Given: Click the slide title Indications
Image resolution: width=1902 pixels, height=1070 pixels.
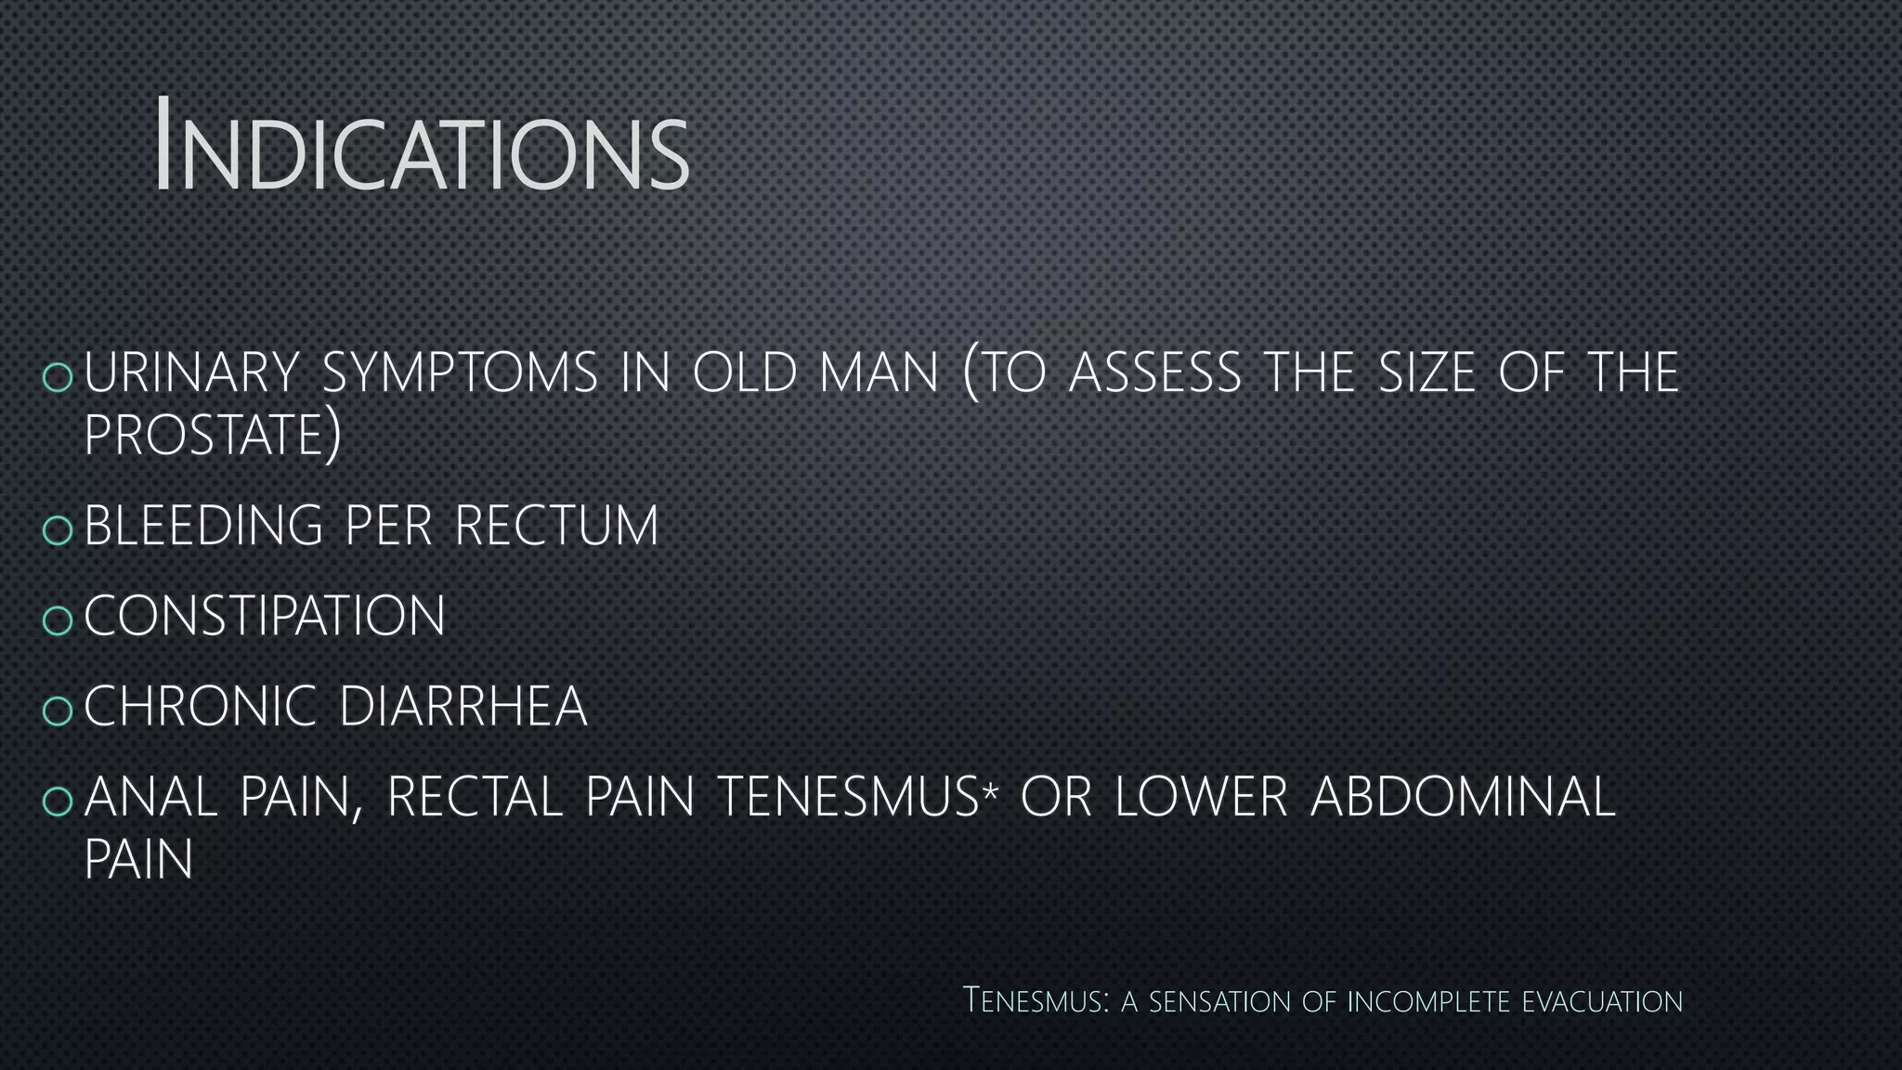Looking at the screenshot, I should pos(423,146).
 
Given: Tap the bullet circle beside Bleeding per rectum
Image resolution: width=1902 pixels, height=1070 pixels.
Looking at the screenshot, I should pos(58,529).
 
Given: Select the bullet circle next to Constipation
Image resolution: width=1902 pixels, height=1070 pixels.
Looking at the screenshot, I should pos(58,620).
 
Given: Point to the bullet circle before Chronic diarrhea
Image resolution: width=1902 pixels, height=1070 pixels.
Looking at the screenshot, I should pos(58,710).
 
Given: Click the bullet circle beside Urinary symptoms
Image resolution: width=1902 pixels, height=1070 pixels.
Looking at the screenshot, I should pos(58,376).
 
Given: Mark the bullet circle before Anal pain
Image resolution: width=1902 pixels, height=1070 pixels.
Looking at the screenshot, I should pos(58,801).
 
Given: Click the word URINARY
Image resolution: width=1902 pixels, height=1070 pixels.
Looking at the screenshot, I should pos(191,372).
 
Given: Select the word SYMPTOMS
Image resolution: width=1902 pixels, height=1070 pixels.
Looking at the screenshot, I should pos(460,372).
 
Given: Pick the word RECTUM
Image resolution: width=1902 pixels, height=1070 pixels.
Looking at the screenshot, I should pos(556,526).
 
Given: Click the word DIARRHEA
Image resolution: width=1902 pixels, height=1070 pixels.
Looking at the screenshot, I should pos(463,707).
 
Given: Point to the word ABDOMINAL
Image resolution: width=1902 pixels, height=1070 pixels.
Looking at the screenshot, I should pos(1463,798).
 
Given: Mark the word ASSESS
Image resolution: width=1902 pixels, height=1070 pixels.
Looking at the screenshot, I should pos(1154,372).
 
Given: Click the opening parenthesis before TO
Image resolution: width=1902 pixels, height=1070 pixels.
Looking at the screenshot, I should pos(971,376).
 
